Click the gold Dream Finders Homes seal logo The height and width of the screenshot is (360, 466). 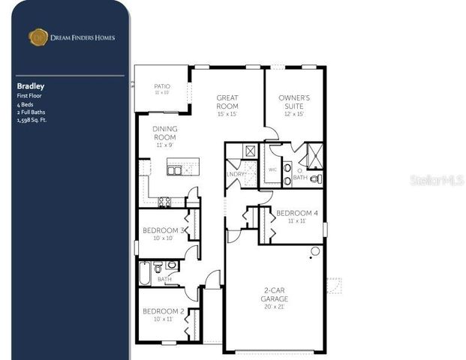(x=38, y=37)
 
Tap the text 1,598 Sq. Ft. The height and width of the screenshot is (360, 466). (x=32, y=119)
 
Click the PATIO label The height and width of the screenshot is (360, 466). (x=162, y=86)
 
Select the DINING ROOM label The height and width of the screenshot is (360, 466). (x=165, y=133)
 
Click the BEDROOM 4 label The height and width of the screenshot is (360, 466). (x=296, y=213)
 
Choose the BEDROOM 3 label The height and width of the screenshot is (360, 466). (x=163, y=230)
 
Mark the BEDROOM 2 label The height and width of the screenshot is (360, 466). (x=163, y=311)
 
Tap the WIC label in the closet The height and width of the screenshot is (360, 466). (x=272, y=169)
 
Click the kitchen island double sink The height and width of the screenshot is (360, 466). (x=174, y=170)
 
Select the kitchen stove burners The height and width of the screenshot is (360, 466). (x=164, y=201)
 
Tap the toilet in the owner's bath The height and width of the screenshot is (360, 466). (x=316, y=178)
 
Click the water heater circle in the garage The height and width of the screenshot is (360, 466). (x=315, y=250)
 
